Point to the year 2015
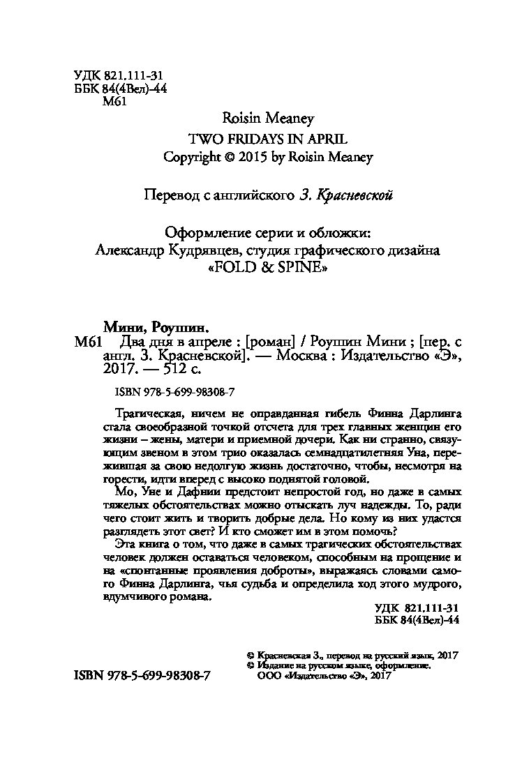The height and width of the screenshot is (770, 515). [251, 157]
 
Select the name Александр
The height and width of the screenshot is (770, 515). [132, 249]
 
